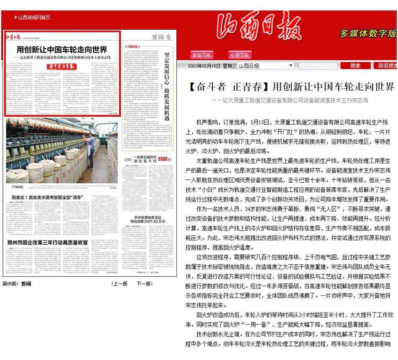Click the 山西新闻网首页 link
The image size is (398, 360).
click(x=33, y=17)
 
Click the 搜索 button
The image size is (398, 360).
click(x=355, y=66)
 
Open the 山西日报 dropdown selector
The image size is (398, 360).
click(x=266, y=66)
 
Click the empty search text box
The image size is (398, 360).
click(x=317, y=66)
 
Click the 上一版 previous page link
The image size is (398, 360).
click(x=120, y=283)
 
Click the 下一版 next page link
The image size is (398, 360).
click(x=145, y=283)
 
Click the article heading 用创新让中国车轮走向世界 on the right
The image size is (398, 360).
click(x=333, y=87)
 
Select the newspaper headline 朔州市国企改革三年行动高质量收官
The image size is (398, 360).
click(x=47, y=243)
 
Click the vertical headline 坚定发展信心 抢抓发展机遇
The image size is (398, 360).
click(x=167, y=84)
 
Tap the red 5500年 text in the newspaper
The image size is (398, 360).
click(x=164, y=159)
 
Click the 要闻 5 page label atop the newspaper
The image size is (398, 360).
click(x=161, y=37)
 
